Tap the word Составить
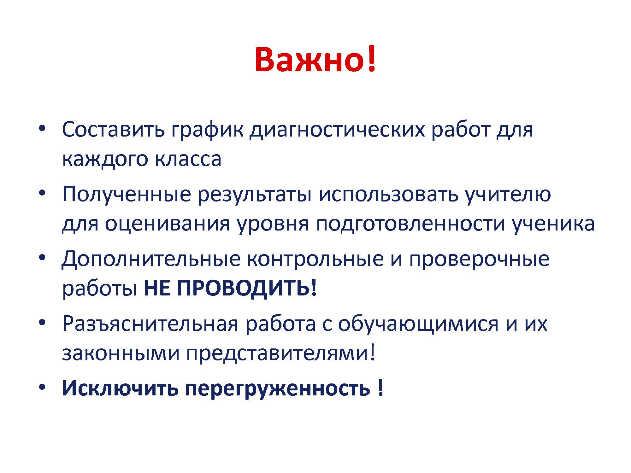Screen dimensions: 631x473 113,129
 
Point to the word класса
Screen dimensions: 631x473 188,159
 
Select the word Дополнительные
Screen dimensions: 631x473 151,260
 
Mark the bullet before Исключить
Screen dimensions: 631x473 42,387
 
